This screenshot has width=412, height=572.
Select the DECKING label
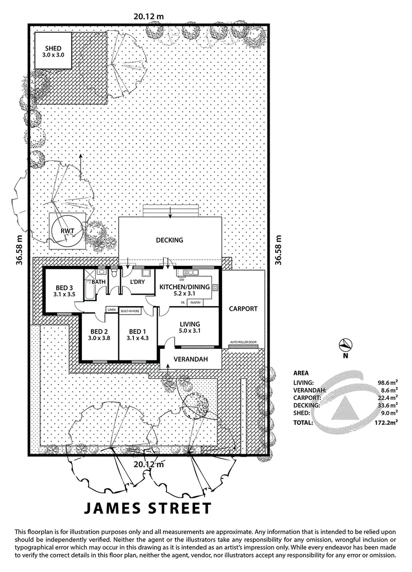(x=170, y=240)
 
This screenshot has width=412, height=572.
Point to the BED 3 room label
(x=64, y=287)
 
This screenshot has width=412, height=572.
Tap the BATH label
(x=99, y=282)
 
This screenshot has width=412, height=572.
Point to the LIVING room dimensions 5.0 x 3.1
(x=189, y=332)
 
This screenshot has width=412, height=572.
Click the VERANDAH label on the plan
(x=190, y=359)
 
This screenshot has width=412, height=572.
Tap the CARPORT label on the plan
(x=243, y=308)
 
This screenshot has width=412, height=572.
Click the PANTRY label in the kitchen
(x=196, y=303)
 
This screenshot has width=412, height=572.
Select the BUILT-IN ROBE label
(x=131, y=310)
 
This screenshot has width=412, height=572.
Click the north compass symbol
(x=345, y=345)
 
